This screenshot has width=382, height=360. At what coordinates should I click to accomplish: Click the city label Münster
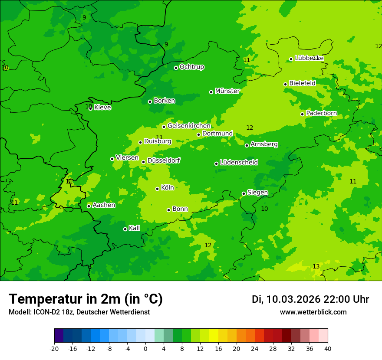coord(227,91)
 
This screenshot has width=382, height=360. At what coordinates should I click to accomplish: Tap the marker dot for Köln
coord(157,189)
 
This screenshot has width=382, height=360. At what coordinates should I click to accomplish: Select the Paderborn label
coord(321,113)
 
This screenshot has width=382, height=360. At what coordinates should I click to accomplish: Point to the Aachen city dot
coord(89,206)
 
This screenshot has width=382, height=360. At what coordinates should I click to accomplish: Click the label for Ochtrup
coord(191,67)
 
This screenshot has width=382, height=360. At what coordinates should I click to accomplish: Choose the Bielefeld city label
coord(302,83)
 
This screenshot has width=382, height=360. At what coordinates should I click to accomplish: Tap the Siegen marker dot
coord(244,193)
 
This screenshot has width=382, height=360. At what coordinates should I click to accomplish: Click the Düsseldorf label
coord(163,160)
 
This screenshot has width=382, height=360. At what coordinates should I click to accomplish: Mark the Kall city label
coord(134,228)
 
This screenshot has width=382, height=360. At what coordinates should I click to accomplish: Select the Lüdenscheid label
coord(239,163)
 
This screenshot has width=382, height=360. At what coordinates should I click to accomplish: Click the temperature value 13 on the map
coord(316,266)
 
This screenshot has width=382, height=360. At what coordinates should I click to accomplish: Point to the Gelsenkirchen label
coord(189,126)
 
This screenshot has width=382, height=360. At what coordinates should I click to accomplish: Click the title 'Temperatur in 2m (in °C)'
coord(86,299)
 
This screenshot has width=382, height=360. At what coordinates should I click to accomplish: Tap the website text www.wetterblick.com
coord(313,312)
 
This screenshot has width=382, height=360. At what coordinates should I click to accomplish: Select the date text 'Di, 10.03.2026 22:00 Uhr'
coord(310,299)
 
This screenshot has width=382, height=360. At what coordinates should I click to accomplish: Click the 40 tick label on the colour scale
coord(328,348)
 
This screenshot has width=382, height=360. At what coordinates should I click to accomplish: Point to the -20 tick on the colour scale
coord(54,348)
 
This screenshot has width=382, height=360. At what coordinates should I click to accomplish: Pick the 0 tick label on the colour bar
coord(145,348)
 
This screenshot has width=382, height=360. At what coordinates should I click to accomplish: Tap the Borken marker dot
coord(150,101)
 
